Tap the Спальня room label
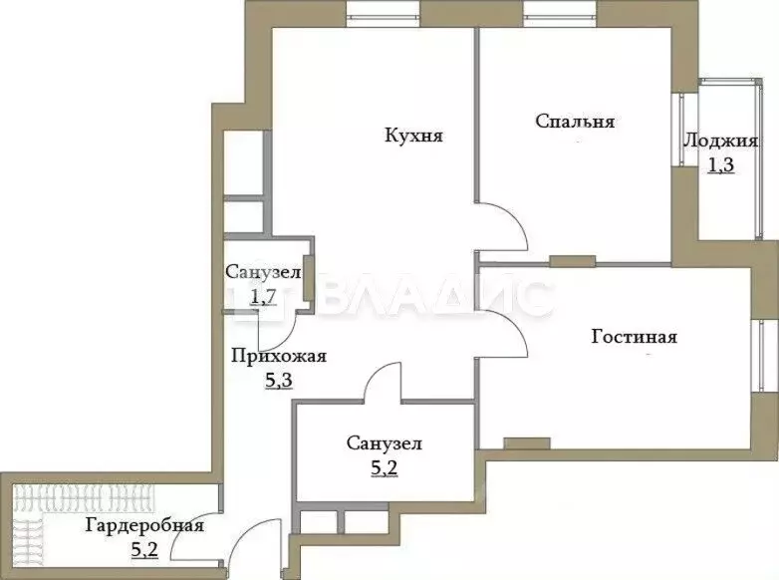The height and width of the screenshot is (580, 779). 575,122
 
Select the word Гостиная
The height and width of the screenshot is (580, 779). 634,337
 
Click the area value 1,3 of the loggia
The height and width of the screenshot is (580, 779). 720,165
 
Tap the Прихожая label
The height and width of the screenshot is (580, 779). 279,356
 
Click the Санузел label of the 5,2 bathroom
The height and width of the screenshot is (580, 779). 384,443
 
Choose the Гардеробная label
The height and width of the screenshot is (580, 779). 131,525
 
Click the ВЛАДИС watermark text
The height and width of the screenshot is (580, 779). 438,297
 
